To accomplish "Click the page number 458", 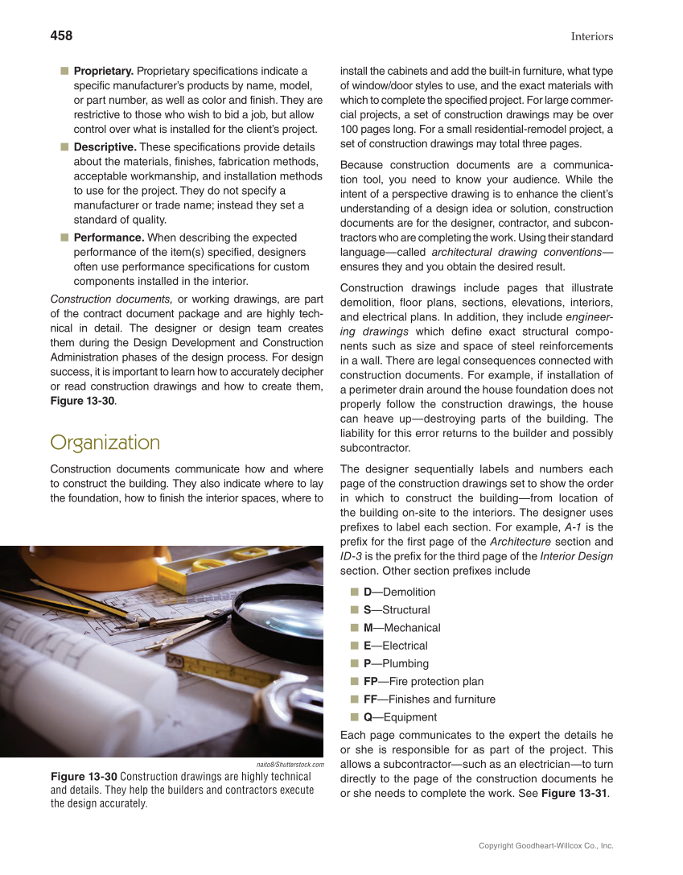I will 61,35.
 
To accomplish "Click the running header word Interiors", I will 591,36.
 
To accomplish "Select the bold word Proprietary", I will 103,72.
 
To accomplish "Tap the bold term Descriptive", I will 105,147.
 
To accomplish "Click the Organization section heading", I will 105,443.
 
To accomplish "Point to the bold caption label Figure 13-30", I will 84,777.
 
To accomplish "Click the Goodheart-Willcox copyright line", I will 545,846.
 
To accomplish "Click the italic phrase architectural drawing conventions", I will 514,252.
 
